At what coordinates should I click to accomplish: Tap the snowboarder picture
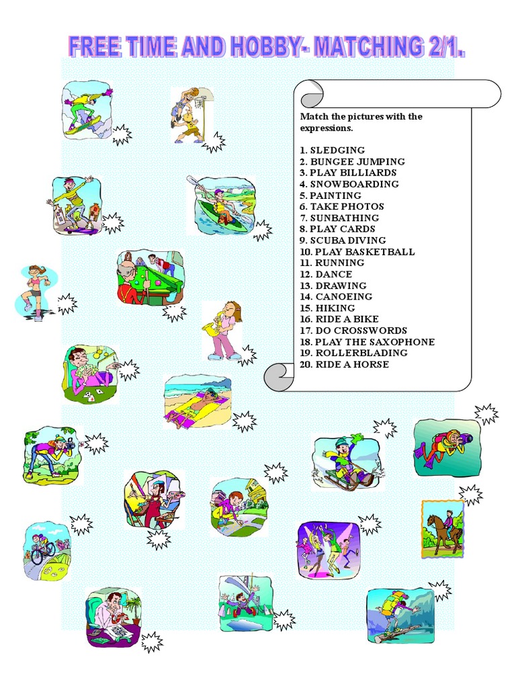86,110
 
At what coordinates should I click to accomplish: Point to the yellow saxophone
216,327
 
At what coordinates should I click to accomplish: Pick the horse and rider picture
443,530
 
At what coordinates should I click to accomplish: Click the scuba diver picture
446,447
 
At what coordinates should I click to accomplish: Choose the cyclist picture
45,551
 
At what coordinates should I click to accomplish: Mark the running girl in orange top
34,290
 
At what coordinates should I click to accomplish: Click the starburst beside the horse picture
470,495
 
